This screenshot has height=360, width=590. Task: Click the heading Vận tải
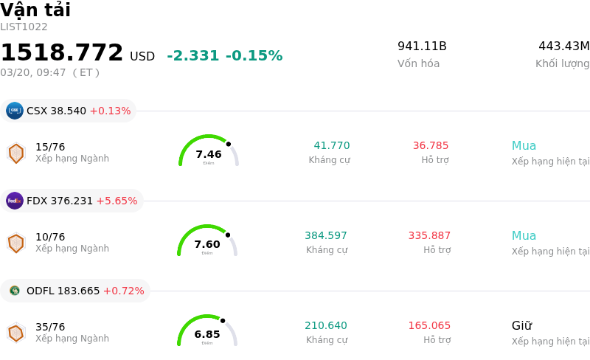tap(35, 10)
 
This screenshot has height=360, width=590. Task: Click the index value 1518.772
tap(62, 53)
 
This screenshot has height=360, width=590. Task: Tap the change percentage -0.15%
tap(254, 56)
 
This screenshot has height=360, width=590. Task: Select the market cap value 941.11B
tap(422, 46)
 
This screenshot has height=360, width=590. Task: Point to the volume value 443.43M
tap(563, 46)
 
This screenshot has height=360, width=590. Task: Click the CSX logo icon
tap(15, 111)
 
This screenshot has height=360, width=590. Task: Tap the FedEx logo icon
tap(15, 201)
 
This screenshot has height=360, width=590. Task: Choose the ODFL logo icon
tap(15, 291)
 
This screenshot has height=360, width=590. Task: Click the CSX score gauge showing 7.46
tap(209, 151)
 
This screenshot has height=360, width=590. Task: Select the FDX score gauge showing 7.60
tap(207, 241)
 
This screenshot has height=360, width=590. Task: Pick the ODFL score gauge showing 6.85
tap(207, 331)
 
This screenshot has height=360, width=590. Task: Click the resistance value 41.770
tap(332, 146)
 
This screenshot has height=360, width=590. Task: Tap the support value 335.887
tap(429, 236)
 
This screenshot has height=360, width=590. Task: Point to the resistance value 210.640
tap(326, 326)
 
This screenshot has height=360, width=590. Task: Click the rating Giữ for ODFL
tap(521, 326)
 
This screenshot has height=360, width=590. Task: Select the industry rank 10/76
tap(50, 237)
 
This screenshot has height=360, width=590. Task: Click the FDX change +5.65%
tap(117, 201)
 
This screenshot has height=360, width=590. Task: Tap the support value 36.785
tap(431, 146)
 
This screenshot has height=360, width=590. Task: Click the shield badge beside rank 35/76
tap(15, 333)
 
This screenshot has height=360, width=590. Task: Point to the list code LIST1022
tap(24, 27)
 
